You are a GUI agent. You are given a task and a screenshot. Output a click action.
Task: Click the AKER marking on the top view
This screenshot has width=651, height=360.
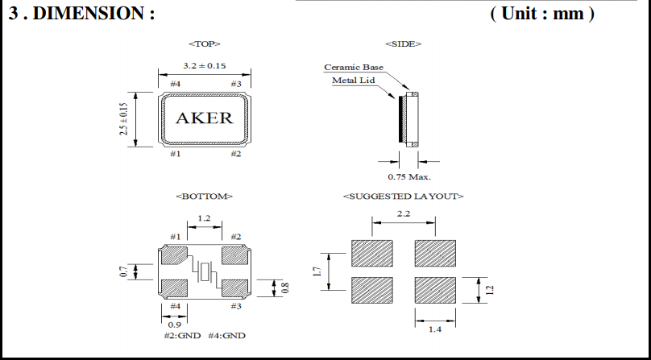point(204,118)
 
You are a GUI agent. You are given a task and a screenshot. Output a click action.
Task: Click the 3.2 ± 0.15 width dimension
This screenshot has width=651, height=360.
point(204,66)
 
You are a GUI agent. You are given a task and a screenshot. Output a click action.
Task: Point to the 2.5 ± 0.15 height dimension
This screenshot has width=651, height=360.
point(125,118)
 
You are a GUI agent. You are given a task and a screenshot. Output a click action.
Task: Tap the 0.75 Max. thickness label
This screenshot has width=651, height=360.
point(409,176)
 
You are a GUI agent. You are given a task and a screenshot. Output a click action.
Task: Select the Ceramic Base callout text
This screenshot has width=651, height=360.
point(354,67)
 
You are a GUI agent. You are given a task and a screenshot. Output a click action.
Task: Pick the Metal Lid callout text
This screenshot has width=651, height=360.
point(354,80)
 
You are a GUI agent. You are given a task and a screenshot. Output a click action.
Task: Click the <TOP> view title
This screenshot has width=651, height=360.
point(204,43)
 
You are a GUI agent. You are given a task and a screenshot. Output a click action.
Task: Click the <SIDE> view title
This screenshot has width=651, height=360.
point(404,43)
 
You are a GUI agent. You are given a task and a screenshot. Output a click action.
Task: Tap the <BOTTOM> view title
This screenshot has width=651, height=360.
point(204,196)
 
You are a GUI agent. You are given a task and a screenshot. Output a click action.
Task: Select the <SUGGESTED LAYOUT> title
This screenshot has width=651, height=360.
point(404,196)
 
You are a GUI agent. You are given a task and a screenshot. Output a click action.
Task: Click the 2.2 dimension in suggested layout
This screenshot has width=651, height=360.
point(404,213)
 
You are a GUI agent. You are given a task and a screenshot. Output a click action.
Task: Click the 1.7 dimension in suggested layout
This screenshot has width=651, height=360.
point(317,271)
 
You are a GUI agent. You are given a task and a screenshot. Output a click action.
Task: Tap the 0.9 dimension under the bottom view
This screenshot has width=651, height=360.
point(174,324)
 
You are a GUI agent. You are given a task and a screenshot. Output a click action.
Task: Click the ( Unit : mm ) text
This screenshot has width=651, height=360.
point(541,14)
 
